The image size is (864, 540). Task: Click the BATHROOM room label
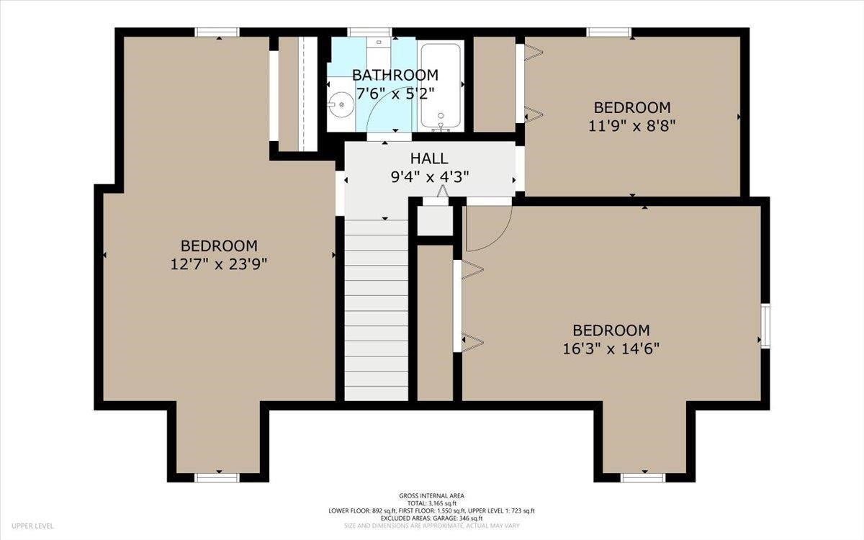[x=395, y=75]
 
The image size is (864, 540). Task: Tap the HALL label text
[x=429, y=158]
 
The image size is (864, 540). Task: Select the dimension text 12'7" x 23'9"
[x=219, y=265]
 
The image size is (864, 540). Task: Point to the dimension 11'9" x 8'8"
[x=632, y=126]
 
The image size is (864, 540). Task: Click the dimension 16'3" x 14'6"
[x=611, y=349]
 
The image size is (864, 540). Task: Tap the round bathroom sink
[x=341, y=104]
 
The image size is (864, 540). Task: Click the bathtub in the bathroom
[x=441, y=86]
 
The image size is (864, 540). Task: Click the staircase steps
[x=377, y=310]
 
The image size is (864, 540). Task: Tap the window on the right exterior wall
[x=765, y=326]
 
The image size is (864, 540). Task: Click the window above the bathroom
[x=369, y=32]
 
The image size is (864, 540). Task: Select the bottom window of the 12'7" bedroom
[x=217, y=478]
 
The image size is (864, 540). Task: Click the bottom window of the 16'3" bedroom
[x=644, y=478]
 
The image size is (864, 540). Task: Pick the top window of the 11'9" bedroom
[x=609, y=32]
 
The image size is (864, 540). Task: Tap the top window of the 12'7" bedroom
[x=217, y=32]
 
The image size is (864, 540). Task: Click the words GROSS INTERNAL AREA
[x=431, y=496]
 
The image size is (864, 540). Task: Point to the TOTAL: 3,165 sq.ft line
[x=431, y=503]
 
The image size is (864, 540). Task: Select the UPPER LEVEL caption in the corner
[x=32, y=526]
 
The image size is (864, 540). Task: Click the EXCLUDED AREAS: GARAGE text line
[x=431, y=518]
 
